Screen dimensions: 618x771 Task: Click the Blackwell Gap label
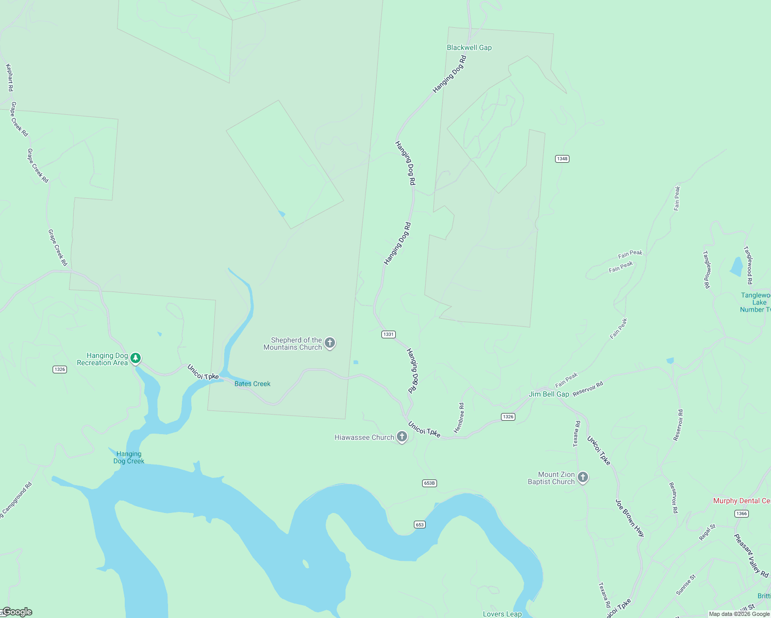(x=469, y=47)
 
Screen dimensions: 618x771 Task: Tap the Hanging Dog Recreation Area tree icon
(x=136, y=358)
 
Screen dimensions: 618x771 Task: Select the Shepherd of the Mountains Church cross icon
(x=330, y=342)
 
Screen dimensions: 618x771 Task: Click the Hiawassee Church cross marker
(x=402, y=437)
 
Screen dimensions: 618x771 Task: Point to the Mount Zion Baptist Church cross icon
(x=583, y=477)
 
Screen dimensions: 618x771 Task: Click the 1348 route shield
(x=562, y=159)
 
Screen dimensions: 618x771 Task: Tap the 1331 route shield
(x=388, y=334)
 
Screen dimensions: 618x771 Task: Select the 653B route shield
(x=429, y=483)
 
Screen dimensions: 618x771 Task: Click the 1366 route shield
(x=741, y=513)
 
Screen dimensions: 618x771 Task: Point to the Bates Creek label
(x=252, y=384)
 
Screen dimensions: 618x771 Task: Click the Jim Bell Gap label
(x=549, y=394)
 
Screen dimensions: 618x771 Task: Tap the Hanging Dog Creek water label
(x=129, y=457)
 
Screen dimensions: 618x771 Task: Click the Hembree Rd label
(x=459, y=418)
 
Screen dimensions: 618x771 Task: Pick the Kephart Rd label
(x=9, y=78)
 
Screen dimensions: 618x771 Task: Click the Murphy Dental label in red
(x=742, y=501)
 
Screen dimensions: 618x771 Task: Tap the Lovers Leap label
(x=502, y=614)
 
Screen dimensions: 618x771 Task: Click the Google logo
(x=17, y=612)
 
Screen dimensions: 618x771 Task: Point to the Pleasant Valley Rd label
(x=751, y=555)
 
